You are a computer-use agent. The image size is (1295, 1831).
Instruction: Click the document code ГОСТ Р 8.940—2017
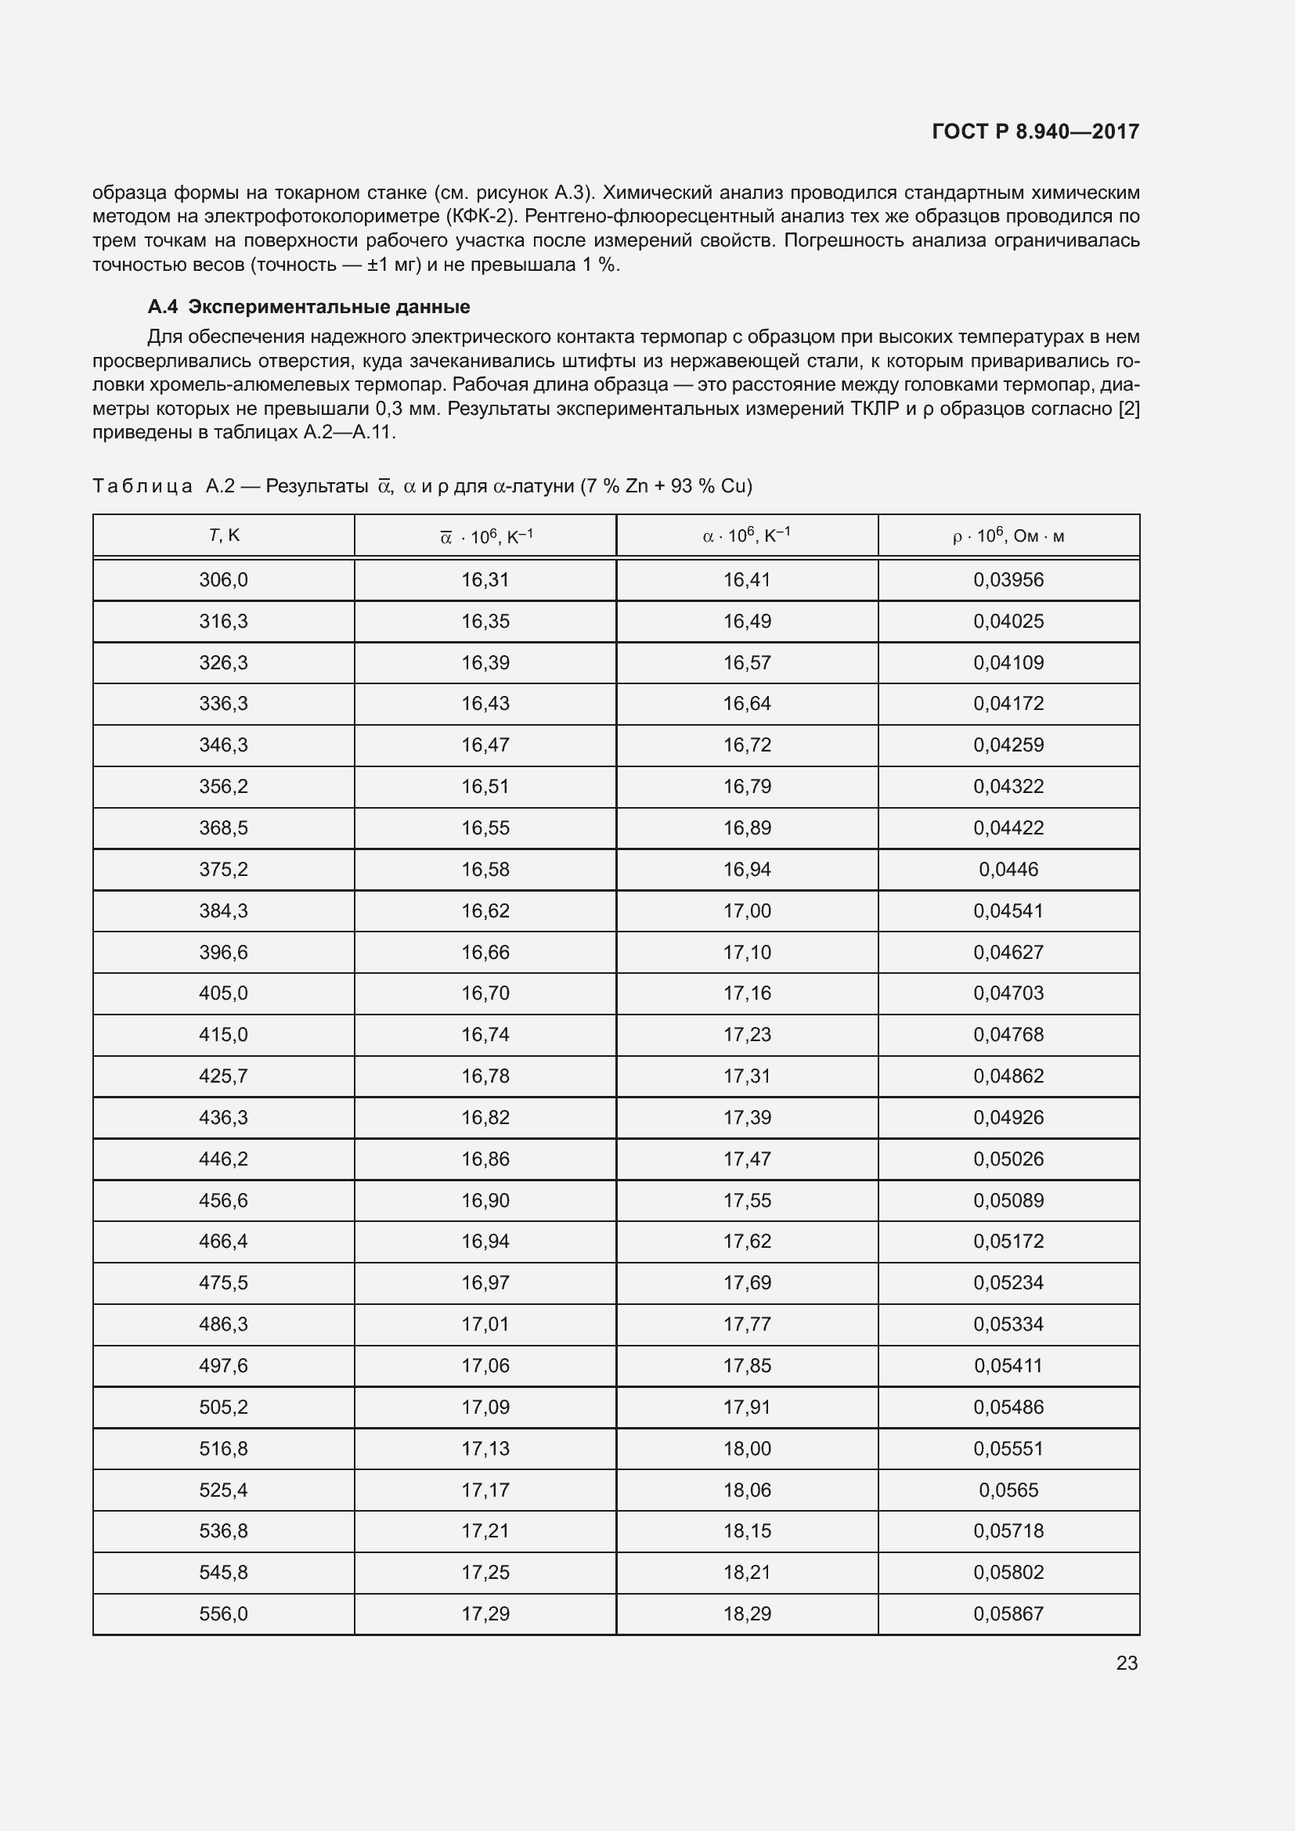click(1035, 132)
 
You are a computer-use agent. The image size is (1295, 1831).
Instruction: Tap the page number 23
click(1127, 1663)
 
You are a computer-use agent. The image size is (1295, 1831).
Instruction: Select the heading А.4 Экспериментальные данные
click(308, 307)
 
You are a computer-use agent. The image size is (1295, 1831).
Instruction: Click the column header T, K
click(224, 535)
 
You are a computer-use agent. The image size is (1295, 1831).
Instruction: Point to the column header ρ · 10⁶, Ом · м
click(1008, 536)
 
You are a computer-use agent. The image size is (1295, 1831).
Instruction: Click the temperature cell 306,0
click(223, 580)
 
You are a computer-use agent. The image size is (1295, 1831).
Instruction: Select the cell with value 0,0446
click(1008, 869)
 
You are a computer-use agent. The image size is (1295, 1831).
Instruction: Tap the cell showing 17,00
click(746, 910)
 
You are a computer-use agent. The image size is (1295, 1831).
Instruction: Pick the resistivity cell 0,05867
click(1008, 1613)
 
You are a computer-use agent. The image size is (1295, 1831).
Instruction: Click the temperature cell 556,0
click(223, 1613)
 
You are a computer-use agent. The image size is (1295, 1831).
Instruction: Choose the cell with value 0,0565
click(1008, 1490)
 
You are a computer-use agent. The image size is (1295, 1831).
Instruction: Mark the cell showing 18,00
click(746, 1448)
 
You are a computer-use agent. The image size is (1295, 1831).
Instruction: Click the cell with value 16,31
click(485, 580)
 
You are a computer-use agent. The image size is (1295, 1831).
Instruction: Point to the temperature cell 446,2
click(223, 1159)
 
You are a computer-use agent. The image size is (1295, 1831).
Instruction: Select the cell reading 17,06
click(485, 1365)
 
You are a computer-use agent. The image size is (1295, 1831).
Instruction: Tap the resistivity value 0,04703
click(1008, 993)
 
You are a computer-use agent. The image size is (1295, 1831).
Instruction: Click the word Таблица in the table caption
click(142, 485)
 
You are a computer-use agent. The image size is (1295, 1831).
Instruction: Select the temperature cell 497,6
click(223, 1365)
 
